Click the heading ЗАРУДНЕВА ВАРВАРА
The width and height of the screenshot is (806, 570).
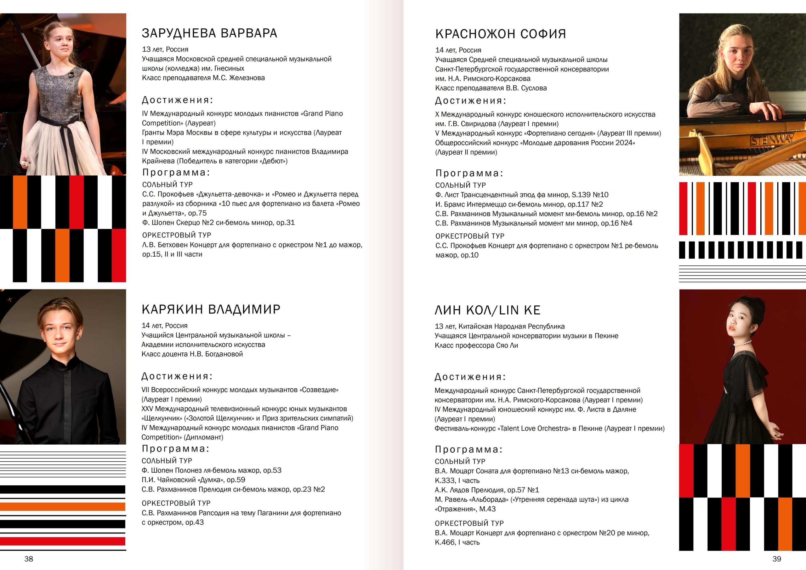tap(209, 33)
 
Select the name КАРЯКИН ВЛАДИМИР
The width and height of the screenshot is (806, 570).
tap(211, 310)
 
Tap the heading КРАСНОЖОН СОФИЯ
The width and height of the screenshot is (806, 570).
tap(500, 34)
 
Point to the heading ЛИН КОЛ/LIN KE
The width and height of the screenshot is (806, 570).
tap(487, 310)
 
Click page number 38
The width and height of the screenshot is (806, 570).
tap(29, 559)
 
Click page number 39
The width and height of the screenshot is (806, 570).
tap(776, 559)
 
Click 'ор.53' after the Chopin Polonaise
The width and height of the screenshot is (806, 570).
tap(272, 470)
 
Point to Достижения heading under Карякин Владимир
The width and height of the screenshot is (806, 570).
tap(177, 377)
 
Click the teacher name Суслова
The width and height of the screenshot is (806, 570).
tap(534, 88)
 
